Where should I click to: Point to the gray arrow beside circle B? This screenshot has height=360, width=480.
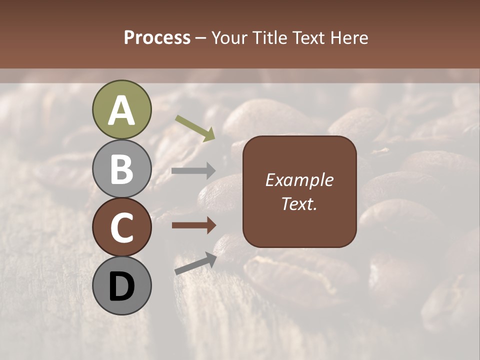click(x=193, y=171)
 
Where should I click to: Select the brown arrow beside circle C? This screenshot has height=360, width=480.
click(x=193, y=225)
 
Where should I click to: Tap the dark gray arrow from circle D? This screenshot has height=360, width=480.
click(x=195, y=263)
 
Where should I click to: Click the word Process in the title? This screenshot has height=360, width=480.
click(x=157, y=38)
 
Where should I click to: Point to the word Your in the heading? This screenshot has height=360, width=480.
click(x=229, y=38)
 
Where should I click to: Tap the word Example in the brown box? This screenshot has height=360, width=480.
click(x=299, y=180)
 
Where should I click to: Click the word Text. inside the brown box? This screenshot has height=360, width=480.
click(x=299, y=203)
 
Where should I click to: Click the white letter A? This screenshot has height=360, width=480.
click(x=121, y=111)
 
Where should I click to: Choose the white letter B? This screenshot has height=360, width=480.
click(x=121, y=169)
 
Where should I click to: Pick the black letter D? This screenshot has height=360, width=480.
click(x=121, y=286)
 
